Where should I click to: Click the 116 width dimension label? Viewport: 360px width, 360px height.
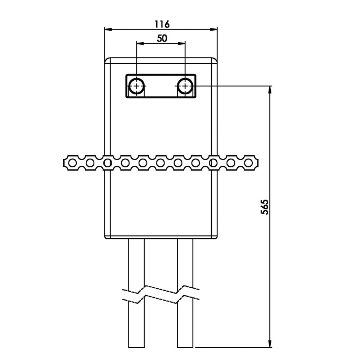pyautogui.click(x=162, y=24)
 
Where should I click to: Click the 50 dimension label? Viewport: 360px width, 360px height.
pyautogui.click(x=162, y=39)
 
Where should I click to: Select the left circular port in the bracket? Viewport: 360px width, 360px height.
pyautogui.click(x=137, y=86)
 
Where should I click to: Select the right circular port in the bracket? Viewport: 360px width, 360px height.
pyautogui.click(x=185, y=86)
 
